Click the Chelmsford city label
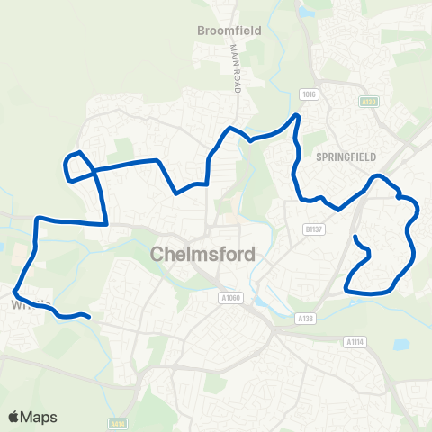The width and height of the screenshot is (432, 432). click(x=203, y=254)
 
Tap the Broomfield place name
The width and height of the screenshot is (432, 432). click(x=229, y=30)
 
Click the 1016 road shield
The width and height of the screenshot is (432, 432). click(x=310, y=94)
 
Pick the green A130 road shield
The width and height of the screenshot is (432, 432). click(x=368, y=102)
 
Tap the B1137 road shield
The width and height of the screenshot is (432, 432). click(x=312, y=205)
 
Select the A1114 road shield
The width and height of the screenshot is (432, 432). click(x=355, y=341)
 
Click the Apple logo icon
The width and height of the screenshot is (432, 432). click(x=14, y=417)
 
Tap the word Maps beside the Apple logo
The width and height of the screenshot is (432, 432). click(x=40, y=417)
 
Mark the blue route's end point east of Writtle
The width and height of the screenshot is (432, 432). click(x=89, y=316)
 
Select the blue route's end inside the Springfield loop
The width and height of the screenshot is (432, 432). click(x=355, y=237)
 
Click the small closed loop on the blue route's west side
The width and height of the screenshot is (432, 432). click(x=78, y=166)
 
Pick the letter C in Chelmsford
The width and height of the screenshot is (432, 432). click(x=159, y=254)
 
